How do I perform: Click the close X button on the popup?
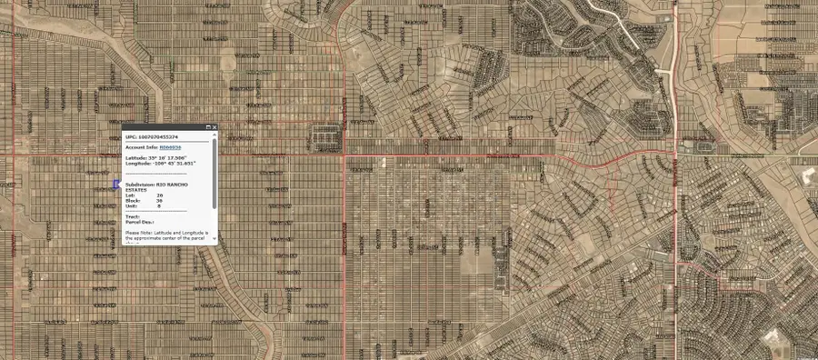click(x=214, y=127)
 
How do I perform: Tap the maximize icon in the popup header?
click(x=207, y=127)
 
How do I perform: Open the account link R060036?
click(x=170, y=146)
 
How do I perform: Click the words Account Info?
click(x=141, y=146)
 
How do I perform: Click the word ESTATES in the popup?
click(x=137, y=189)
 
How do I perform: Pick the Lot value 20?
click(x=160, y=195)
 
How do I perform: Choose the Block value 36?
click(x=160, y=201)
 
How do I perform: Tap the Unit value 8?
click(x=159, y=206)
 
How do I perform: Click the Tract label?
click(x=133, y=216)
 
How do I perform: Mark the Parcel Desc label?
click(x=140, y=222)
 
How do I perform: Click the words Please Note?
click(x=137, y=233)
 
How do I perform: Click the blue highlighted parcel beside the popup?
click(x=116, y=185)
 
